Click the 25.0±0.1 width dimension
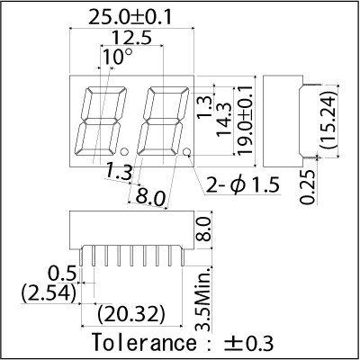click(x=130, y=17)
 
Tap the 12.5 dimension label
click(x=131, y=38)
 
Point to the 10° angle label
click(x=117, y=57)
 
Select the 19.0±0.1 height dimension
click(x=247, y=121)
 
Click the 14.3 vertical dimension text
click(x=224, y=120)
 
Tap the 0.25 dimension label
click(x=308, y=187)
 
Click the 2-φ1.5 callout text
click(x=243, y=185)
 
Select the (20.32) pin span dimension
click(x=131, y=315)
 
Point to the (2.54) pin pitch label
click(x=49, y=293)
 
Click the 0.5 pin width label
click(x=62, y=274)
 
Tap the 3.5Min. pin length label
click(x=204, y=299)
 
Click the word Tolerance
click(x=144, y=343)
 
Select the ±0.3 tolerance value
click(x=249, y=343)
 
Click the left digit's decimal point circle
click(x=124, y=152)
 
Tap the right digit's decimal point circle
click(x=187, y=152)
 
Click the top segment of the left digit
click(x=106, y=90)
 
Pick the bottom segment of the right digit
click(x=157, y=152)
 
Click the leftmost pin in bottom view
click(x=81, y=256)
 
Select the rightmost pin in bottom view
click(x=183, y=256)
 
